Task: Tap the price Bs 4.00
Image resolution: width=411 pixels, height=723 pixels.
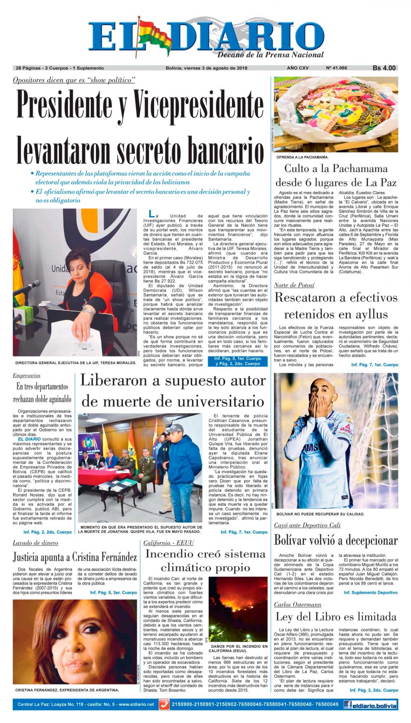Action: coord(384,68)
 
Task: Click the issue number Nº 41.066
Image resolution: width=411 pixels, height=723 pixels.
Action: coord(336,68)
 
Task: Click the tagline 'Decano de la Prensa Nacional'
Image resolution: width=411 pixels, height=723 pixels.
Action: coord(271,55)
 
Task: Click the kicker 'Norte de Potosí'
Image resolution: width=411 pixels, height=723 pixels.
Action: coord(294,285)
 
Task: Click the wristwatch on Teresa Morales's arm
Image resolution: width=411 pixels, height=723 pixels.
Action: coord(88,311)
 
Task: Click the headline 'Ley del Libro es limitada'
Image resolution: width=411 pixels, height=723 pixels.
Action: coord(336,617)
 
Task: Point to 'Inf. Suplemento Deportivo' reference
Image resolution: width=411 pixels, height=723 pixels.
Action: coord(370,592)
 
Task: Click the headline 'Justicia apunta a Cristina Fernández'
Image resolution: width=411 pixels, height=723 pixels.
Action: coord(75,557)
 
